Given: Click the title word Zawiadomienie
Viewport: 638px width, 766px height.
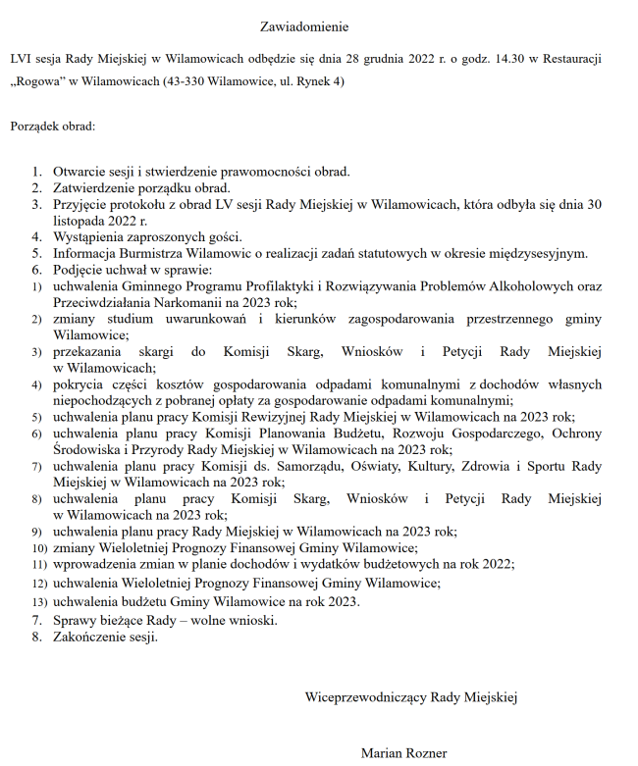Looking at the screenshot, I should [x=304, y=26].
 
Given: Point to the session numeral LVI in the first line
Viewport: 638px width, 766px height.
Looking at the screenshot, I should [x=22, y=60].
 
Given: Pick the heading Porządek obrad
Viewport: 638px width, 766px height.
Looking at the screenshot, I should [x=53, y=128].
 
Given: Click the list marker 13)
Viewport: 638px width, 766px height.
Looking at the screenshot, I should [x=38, y=602].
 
